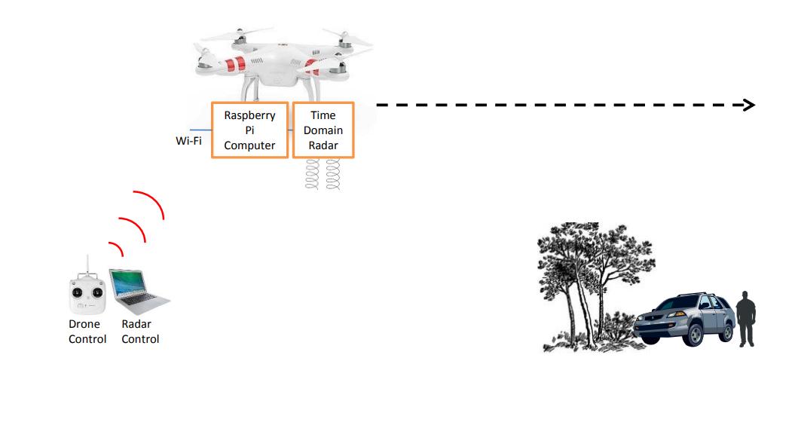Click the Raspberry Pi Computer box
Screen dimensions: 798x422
[x=250, y=130]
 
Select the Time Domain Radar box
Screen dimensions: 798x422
[x=323, y=130]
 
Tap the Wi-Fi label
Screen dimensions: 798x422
[x=189, y=140]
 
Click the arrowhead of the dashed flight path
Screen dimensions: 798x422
[x=749, y=105]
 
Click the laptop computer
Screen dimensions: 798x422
[x=139, y=292]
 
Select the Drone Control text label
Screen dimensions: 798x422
[x=87, y=332]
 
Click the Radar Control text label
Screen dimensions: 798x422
[x=140, y=332]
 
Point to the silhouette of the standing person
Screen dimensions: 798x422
[x=746, y=319]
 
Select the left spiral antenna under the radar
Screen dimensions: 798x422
[x=312, y=173]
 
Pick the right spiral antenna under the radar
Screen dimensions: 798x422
[x=333, y=173]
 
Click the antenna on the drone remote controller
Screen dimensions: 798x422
[x=87, y=265]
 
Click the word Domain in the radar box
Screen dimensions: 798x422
[x=323, y=130]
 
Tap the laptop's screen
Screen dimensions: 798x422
[x=130, y=283]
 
